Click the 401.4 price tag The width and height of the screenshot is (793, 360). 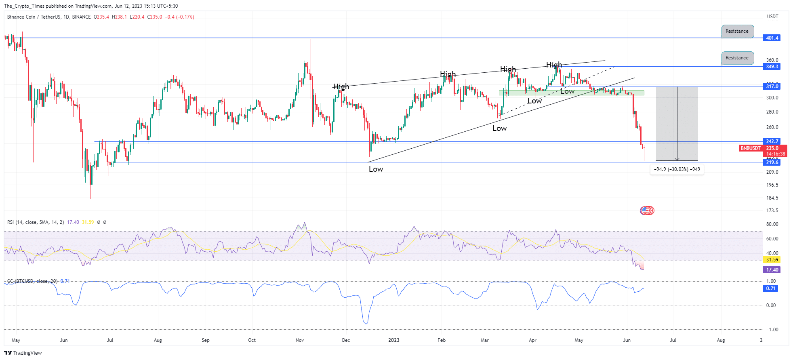point(772,38)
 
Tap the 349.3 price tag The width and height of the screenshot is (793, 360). point(772,67)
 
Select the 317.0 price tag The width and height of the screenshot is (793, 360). point(772,86)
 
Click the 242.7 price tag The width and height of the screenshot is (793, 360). point(772,141)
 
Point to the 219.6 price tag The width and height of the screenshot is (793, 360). point(772,162)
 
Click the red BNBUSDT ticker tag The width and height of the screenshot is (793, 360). point(750,148)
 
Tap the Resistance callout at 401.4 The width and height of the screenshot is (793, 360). point(737,31)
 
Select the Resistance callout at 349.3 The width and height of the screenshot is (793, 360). point(737,58)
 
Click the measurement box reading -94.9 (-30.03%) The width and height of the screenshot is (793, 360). point(677,169)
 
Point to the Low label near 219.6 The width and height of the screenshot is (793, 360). point(376,169)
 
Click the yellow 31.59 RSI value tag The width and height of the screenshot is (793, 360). point(772,260)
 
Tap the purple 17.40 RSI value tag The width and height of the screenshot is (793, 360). point(772,270)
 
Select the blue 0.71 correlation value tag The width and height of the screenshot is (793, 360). point(771,288)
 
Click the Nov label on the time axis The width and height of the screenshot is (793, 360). point(300,340)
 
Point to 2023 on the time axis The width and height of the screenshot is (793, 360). point(394,340)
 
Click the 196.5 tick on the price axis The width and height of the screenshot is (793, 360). point(772,185)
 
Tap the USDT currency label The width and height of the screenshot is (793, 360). point(772,17)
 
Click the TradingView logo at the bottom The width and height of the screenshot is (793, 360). point(23,353)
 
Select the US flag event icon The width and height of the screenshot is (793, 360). point(646,211)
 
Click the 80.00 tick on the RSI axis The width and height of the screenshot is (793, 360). point(772,224)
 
